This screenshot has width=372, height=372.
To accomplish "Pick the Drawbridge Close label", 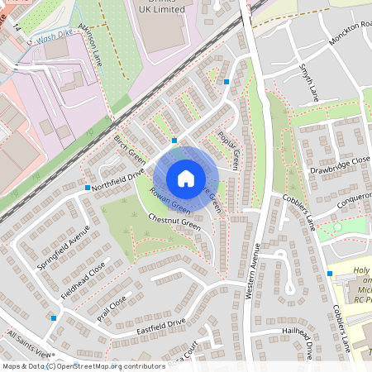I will [x=341, y=169].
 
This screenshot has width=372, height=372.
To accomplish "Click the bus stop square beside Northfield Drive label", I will [x=88, y=188].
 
